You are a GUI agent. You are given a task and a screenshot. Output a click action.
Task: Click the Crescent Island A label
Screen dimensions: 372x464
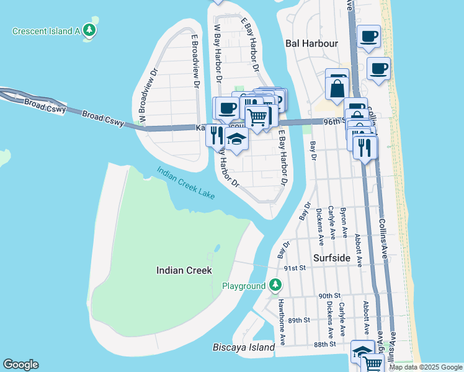click(46, 30)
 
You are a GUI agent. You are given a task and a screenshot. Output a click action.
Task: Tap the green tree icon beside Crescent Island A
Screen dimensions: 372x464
click(91, 30)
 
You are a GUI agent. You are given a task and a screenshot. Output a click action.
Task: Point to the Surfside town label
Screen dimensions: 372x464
click(332, 257)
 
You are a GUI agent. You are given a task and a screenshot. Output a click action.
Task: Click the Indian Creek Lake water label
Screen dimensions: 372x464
click(185, 183)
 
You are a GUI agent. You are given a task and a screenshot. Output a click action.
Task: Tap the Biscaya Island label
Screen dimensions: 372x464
click(243, 347)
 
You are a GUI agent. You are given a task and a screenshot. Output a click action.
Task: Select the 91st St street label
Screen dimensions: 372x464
click(295, 268)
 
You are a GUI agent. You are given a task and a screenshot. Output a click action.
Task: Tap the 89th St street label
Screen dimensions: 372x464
click(298, 320)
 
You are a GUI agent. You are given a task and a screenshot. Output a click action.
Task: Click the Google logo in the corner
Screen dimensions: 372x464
click(20, 365)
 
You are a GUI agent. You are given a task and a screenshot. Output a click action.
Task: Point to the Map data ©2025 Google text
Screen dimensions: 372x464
click(426, 367)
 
